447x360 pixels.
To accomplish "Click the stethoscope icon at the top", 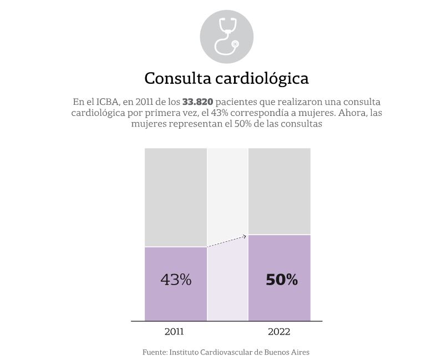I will tap(226, 36).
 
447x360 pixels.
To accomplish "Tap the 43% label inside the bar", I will tap(176, 280).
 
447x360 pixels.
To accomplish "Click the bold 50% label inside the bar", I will tap(282, 280).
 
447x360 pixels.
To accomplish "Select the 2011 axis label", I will tap(174, 332).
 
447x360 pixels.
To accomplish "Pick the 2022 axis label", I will tap(279, 332).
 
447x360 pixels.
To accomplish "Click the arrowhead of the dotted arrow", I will tap(244, 237).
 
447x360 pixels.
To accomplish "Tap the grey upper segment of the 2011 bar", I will tap(176, 197).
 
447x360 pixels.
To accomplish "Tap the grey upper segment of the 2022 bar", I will tap(279, 191).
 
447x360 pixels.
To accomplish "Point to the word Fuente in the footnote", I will tap(154, 352).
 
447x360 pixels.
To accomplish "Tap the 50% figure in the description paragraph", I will tap(234, 124).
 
